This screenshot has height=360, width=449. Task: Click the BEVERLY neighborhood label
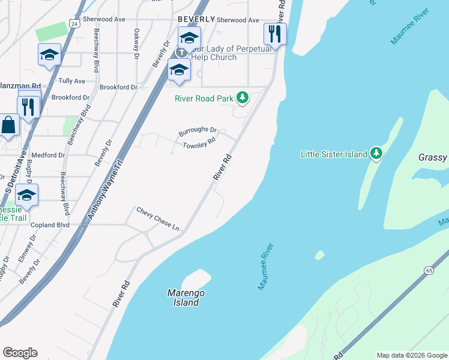tap(196, 19)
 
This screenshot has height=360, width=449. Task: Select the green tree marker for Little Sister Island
tap(376, 154)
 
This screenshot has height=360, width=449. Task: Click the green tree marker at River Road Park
tap(242, 97)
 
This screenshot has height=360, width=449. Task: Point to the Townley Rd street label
tap(199, 145)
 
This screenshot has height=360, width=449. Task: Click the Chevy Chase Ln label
tap(158, 220)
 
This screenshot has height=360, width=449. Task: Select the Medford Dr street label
tap(48, 155)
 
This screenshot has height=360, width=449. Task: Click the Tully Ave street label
tap(71, 80)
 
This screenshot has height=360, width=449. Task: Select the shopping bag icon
tap(8, 126)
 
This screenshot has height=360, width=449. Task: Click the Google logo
tap(20, 353)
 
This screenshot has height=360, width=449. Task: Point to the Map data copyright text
tap(411, 355)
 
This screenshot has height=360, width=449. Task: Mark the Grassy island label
tap(432, 158)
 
